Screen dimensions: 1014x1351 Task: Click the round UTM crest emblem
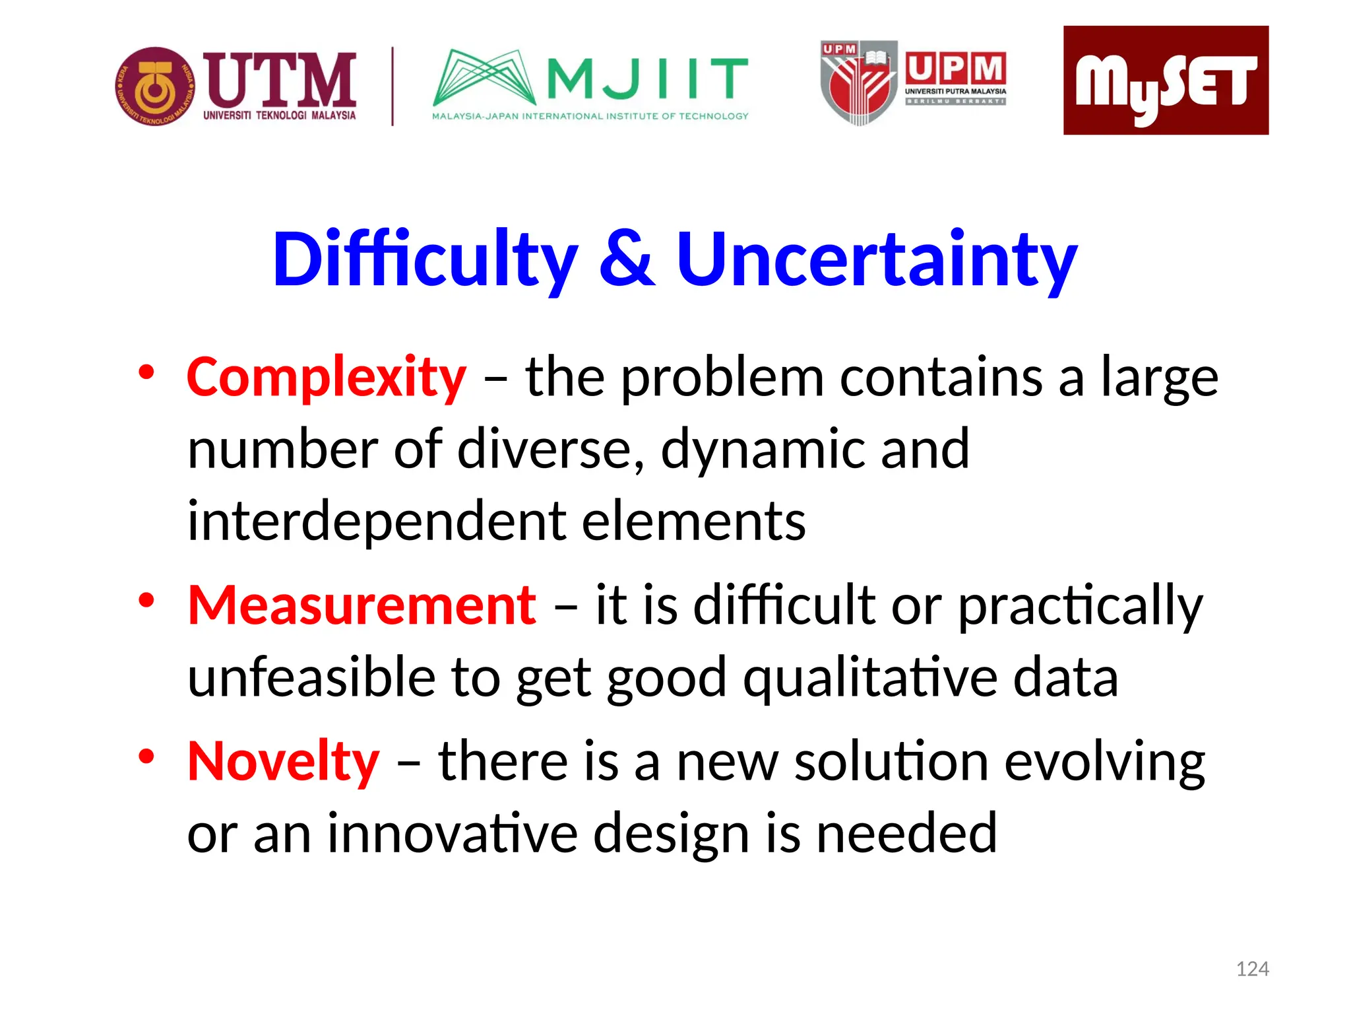tap(156, 86)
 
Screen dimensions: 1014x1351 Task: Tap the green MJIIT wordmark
tap(646, 78)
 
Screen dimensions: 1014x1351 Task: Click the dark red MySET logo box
tap(1165, 81)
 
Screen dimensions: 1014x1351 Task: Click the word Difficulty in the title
tap(425, 259)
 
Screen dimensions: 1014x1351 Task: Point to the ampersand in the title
tap(627, 259)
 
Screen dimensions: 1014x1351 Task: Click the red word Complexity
tap(327, 378)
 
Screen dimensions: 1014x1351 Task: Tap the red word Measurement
tap(361, 605)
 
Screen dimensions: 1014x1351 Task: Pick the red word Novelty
tap(284, 761)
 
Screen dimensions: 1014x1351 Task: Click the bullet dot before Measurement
tap(146, 600)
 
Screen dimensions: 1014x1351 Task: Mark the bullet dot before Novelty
tap(146, 756)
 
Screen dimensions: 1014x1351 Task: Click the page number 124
tap(1251, 969)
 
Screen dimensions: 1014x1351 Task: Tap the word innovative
tap(452, 834)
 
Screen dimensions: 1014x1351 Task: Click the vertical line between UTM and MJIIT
tap(393, 86)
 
